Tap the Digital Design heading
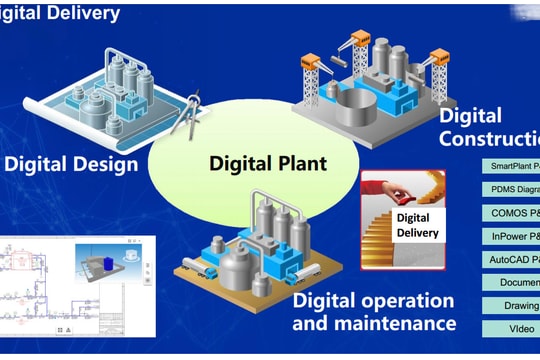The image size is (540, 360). [71, 162]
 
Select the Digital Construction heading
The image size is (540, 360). [488, 128]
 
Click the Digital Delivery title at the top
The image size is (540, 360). [60, 13]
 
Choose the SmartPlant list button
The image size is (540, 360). [510, 165]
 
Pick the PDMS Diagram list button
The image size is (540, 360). [510, 189]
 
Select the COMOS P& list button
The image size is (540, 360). [510, 213]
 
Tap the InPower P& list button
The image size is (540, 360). [510, 237]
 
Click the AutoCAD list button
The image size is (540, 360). [510, 260]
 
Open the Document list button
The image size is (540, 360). [510, 283]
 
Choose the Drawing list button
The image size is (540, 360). [510, 306]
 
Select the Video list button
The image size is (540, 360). [510, 328]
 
